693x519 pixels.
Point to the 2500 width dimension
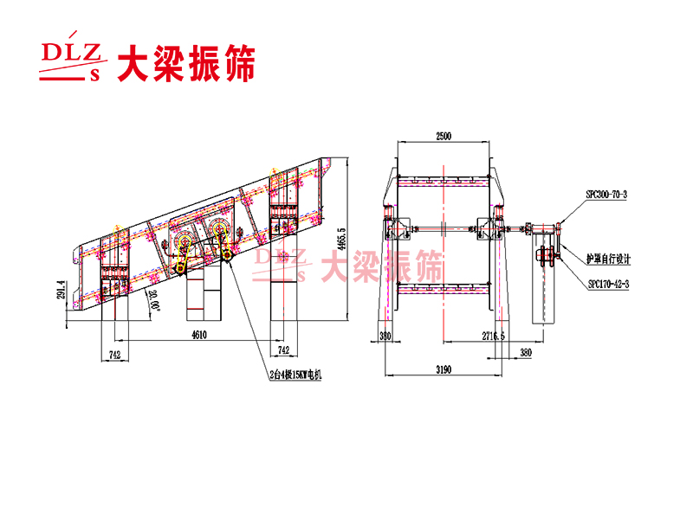(x=443, y=137)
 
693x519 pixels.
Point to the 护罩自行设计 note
(x=608, y=259)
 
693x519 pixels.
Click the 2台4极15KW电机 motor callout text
(x=295, y=374)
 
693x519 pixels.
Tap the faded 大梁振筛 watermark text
(x=381, y=266)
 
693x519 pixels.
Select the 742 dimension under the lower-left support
(x=115, y=355)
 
